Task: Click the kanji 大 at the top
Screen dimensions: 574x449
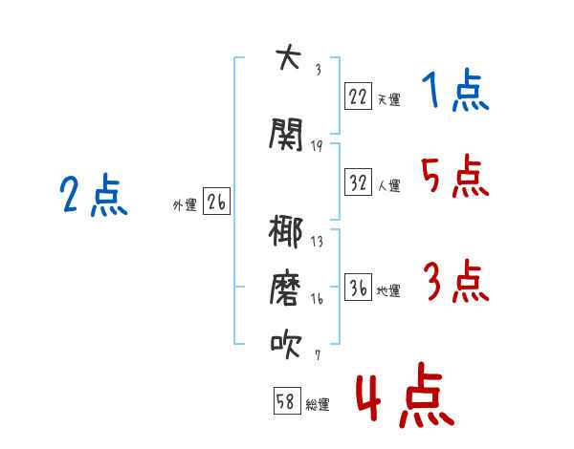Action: [288, 56]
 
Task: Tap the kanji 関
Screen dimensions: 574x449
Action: [286, 134]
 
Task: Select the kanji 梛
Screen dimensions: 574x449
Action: [285, 231]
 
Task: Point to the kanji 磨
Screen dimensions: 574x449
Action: [285, 288]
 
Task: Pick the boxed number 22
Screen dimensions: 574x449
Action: [358, 96]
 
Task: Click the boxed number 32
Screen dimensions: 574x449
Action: [358, 182]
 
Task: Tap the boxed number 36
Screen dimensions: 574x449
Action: [358, 287]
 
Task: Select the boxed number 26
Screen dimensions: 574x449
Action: [216, 202]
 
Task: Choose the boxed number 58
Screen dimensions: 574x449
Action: [287, 400]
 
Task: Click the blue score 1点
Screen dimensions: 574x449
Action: [455, 90]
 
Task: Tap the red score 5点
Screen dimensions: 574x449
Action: [455, 176]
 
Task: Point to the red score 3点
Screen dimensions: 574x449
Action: [456, 281]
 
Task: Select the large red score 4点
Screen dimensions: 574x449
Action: [406, 395]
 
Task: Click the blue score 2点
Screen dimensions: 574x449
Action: [94, 195]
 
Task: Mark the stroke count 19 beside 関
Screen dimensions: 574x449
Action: [317, 146]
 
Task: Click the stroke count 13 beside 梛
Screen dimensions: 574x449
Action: [317, 242]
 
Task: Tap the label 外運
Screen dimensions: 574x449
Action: [185, 205]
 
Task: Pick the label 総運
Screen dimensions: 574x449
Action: [318, 405]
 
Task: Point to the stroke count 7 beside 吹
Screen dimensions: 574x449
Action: [318, 354]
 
